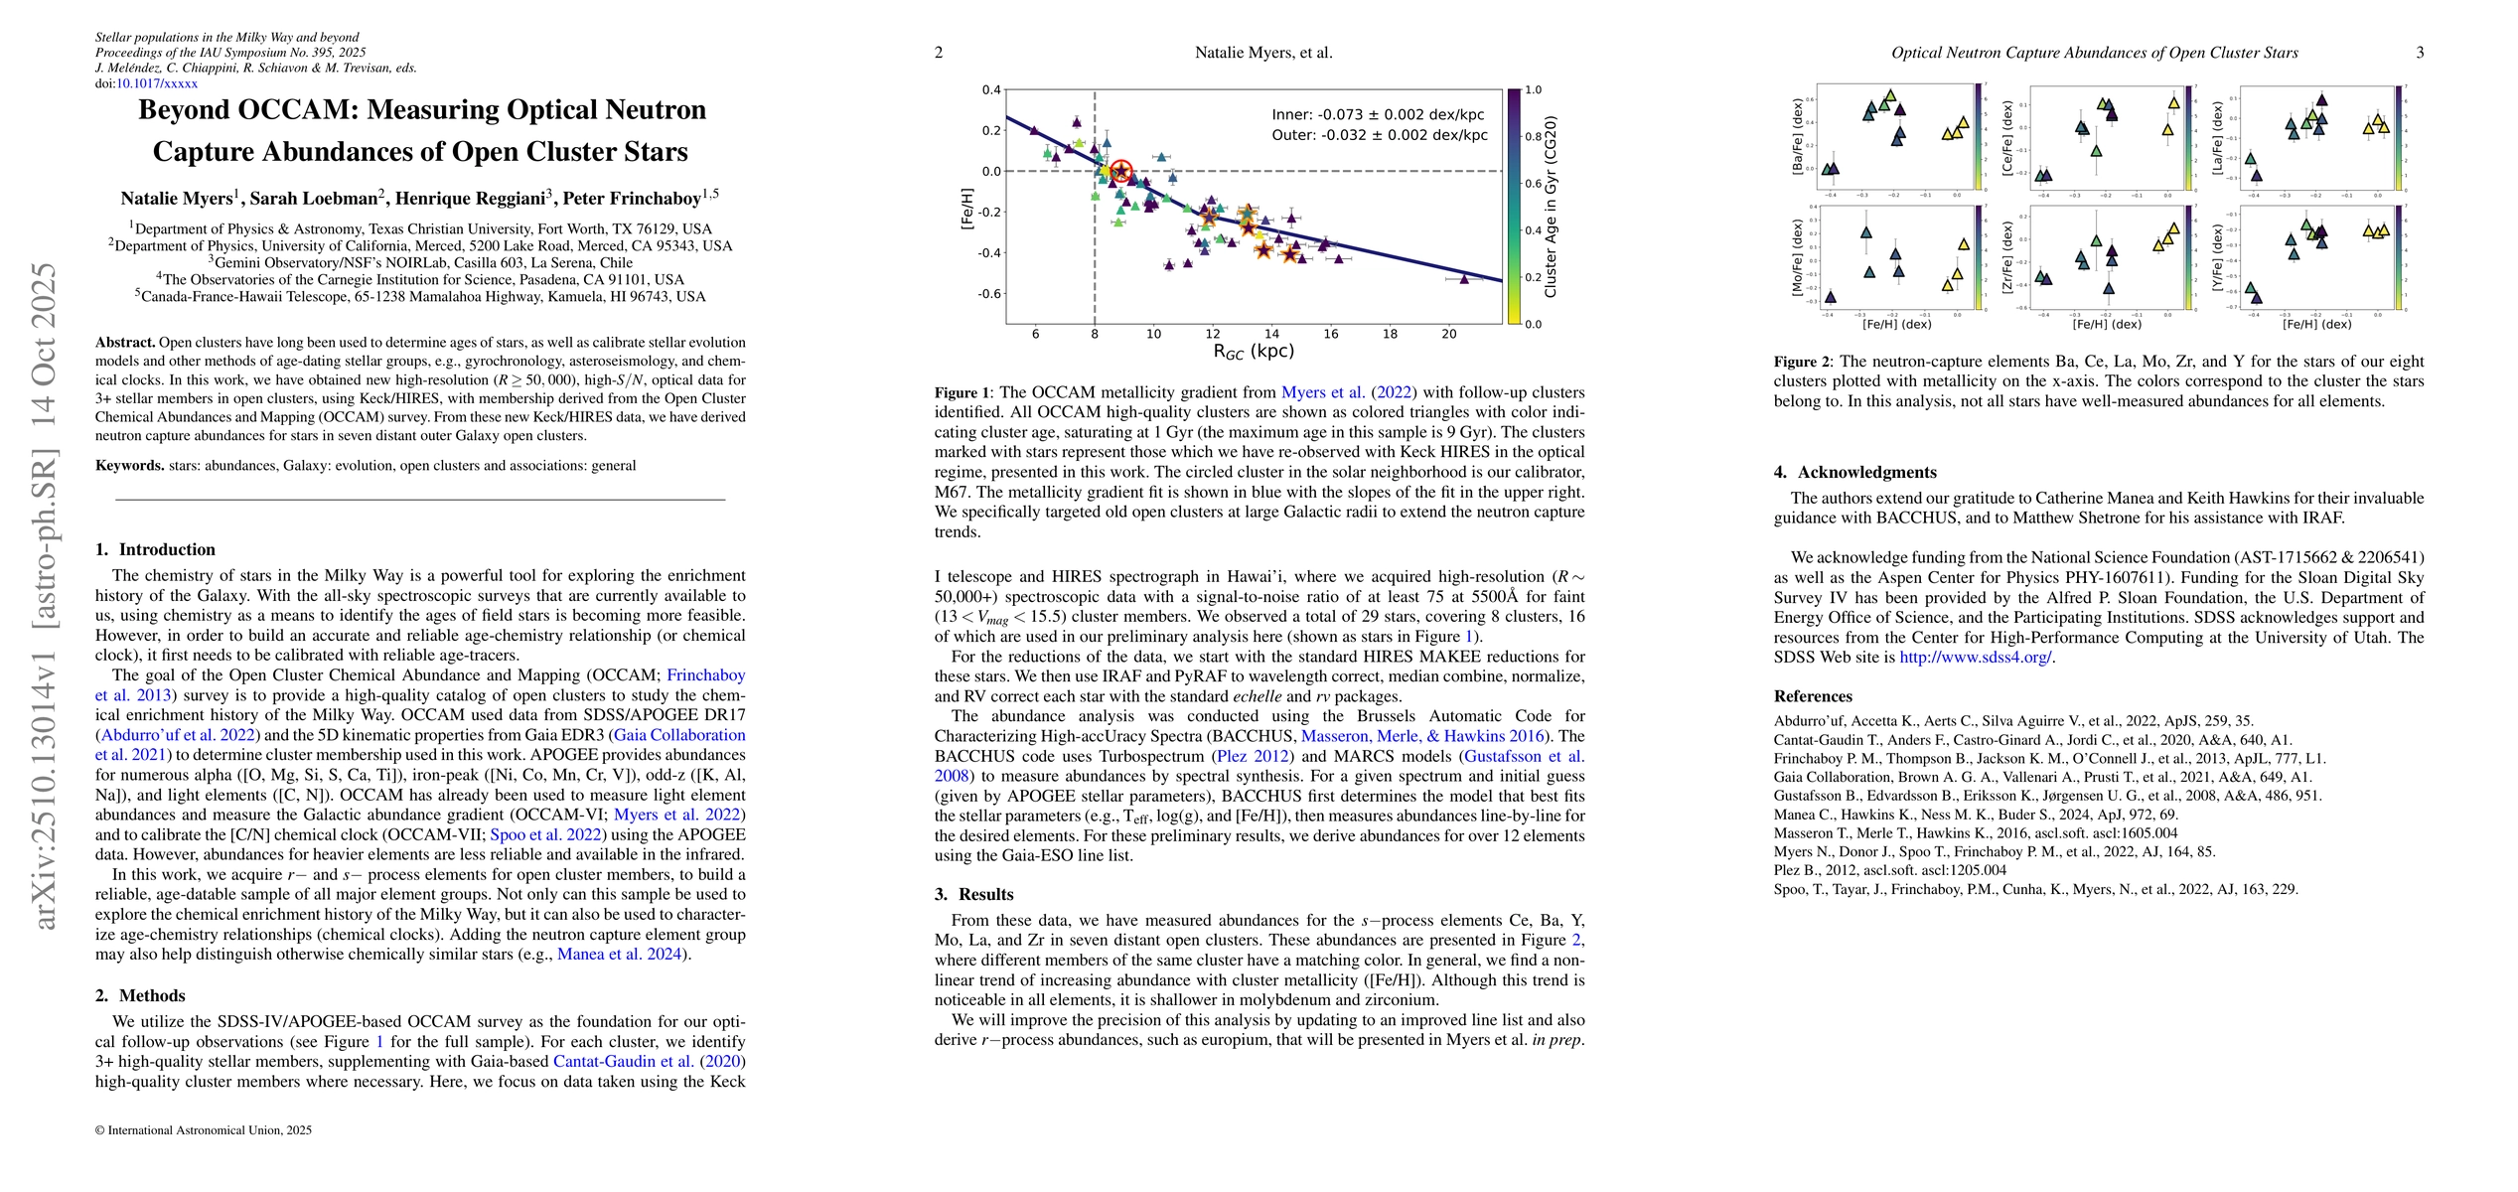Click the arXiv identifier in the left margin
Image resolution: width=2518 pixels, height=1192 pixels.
(45, 596)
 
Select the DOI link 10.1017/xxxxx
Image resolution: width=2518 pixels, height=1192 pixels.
(157, 83)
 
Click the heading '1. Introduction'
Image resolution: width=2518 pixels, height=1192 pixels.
(156, 549)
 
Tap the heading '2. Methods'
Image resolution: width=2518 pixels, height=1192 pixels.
(140, 995)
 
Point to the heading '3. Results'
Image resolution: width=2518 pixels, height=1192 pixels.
(973, 894)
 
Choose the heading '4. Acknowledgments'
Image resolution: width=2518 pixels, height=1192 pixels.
(1855, 472)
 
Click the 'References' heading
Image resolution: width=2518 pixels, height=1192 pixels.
(1813, 696)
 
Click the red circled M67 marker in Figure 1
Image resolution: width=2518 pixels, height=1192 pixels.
(1120, 172)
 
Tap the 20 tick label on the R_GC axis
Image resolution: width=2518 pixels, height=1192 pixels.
(1448, 334)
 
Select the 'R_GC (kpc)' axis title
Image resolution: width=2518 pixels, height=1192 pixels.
(1254, 351)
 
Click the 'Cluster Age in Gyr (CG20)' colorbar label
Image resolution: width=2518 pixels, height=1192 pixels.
(1552, 207)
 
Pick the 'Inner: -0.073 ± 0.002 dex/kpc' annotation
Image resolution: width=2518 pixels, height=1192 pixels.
(1379, 115)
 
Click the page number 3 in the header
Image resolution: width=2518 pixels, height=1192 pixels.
(2421, 53)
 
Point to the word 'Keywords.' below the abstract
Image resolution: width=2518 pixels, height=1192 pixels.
(130, 465)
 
